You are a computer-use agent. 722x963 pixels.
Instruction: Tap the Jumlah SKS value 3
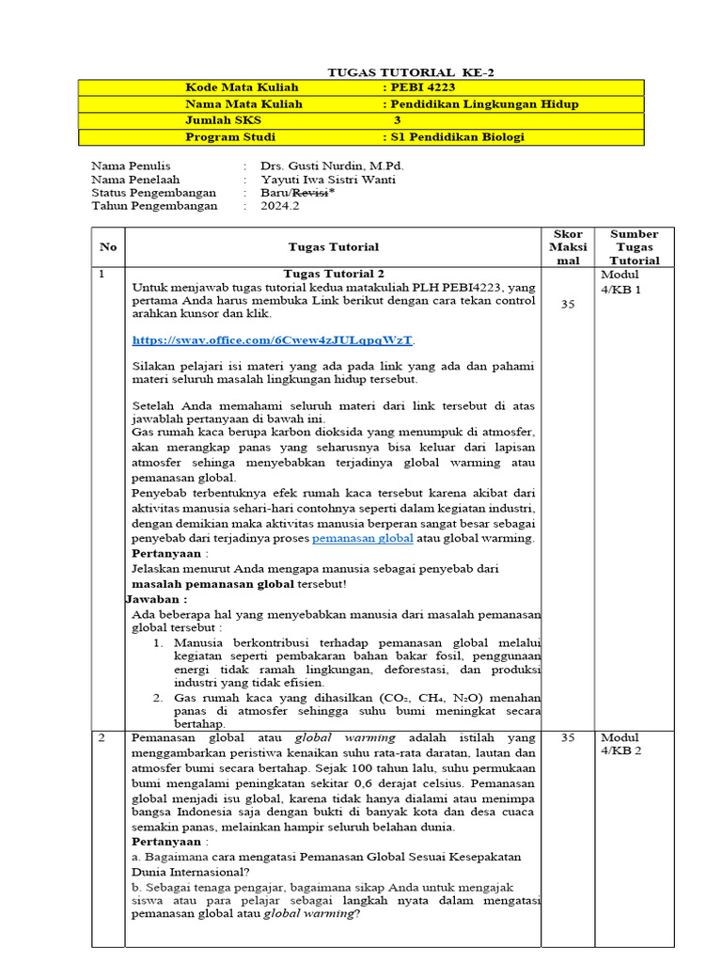[397, 120]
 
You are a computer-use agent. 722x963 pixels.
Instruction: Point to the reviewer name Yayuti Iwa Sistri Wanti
[328, 179]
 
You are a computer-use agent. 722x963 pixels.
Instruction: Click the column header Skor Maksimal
[567, 246]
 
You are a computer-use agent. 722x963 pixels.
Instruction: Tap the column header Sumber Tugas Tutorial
[634, 246]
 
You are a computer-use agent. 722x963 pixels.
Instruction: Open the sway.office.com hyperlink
[273, 339]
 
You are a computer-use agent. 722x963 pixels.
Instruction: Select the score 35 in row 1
[567, 305]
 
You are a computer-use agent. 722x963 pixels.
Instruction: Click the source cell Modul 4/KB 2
[620, 746]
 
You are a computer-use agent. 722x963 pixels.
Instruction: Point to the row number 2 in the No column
[102, 738]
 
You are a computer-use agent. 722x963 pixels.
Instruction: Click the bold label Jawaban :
[156, 598]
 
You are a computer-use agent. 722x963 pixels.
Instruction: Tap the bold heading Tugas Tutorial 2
[334, 274]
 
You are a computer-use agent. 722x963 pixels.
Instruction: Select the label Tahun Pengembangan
[154, 205]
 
